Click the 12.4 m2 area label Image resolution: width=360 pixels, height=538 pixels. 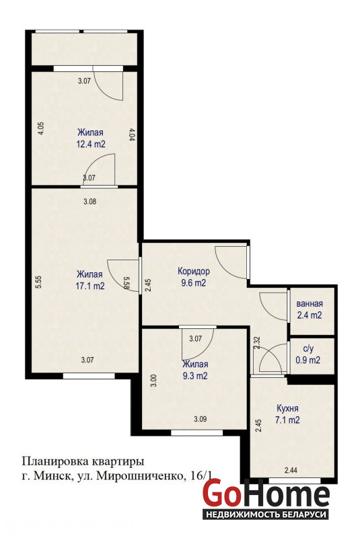[91, 144]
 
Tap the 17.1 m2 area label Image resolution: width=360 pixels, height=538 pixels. [90, 286]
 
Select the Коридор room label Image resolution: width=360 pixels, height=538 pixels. [194, 272]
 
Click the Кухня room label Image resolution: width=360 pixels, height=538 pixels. [287, 408]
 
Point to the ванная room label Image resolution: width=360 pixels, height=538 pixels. [310, 304]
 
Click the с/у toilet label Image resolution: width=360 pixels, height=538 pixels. [308, 349]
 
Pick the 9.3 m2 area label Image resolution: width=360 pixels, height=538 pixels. [195, 376]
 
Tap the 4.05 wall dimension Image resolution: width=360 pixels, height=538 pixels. [41, 129]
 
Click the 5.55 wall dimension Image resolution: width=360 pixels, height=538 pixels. [39, 282]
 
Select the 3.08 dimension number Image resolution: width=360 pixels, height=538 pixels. [90, 202]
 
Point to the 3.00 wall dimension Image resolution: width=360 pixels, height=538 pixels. [154, 381]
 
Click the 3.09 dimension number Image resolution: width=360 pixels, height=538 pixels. [201, 419]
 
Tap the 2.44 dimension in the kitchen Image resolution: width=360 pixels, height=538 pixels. [291, 470]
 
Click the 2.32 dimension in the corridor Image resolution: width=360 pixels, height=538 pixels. [257, 343]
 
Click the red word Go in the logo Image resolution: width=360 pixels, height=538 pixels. [221, 494]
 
